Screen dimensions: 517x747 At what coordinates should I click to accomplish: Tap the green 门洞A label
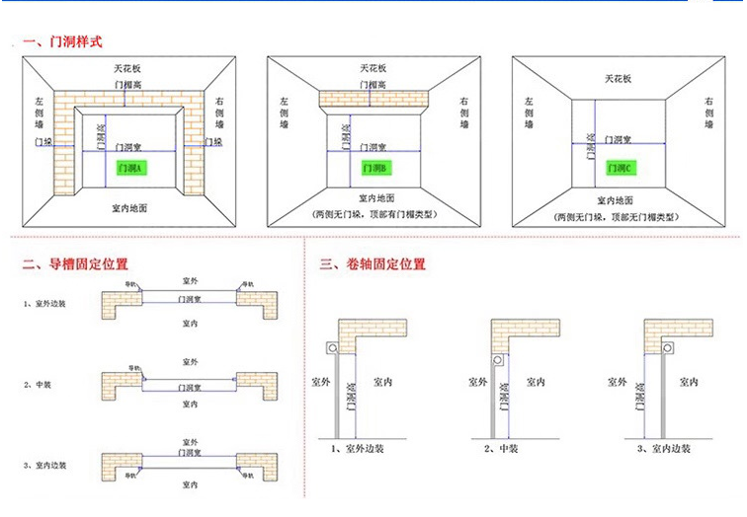(130, 169)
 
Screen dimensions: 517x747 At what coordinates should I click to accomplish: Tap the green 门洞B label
(375, 167)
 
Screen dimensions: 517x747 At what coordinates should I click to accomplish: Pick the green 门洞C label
(620, 169)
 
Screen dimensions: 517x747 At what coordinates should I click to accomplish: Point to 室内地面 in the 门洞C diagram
(620, 198)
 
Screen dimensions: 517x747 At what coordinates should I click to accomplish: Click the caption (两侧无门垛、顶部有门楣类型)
(374, 214)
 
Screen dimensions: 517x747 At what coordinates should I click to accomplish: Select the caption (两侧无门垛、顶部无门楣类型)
(620, 215)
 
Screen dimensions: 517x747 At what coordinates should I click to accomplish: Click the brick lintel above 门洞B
(374, 100)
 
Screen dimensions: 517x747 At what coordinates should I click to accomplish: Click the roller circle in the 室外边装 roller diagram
(332, 349)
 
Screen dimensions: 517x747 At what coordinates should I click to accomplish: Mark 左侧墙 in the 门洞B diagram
(284, 108)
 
